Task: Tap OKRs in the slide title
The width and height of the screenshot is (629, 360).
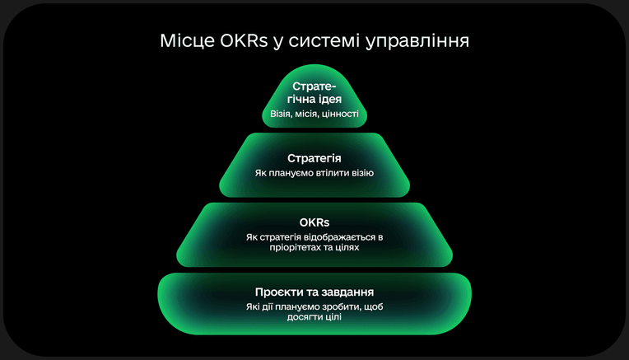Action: click(x=244, y=40)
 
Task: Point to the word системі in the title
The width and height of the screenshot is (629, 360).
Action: click(x=324, y=40)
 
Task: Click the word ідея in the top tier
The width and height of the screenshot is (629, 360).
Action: click(x=330, y=99)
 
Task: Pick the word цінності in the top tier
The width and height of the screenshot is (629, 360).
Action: click(x=340, y=114)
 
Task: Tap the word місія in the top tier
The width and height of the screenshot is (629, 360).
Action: click(x=307, y=114)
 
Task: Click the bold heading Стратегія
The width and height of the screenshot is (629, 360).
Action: click(x=314, y=158)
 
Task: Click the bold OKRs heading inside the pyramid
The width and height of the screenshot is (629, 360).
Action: click(x=314, y=222)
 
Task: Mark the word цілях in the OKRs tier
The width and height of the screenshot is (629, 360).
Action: click(x=347, y=247)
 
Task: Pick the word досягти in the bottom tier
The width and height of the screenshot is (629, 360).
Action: click(x=301, y=317)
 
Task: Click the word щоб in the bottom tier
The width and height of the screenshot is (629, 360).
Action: click(x=371, y=307)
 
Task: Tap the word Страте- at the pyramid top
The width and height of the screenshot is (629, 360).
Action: click(x=314, y=86)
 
